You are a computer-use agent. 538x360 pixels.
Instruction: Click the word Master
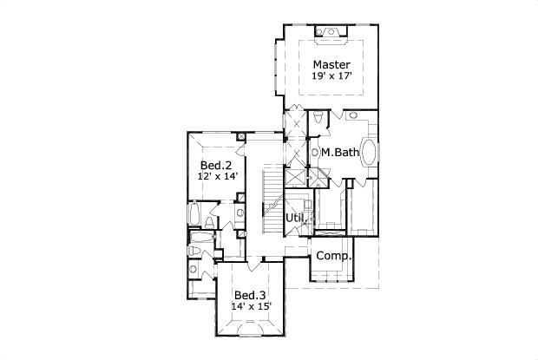click(331, 65)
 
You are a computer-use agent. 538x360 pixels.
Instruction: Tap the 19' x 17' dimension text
click(331, 77)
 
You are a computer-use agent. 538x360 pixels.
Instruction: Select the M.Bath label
click(339, 153)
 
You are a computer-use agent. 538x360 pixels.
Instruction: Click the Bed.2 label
click(216, 165)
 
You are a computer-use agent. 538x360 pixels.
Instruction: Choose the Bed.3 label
click(251, 294)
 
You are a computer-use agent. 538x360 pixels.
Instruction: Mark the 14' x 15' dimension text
click(253, 306)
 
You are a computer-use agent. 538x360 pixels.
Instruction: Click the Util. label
click(294, 217)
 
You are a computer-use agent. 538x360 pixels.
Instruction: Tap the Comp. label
click(333, 256)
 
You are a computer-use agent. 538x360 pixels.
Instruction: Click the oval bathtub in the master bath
click(371, 153)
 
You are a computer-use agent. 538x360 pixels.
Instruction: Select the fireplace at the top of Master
click(331, 33)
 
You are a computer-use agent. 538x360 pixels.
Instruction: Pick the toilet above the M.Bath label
click(318, 117)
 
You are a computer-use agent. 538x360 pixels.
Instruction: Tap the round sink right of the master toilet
click(353, 115)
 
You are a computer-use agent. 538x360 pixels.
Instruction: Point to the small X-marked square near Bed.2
click(240, 136)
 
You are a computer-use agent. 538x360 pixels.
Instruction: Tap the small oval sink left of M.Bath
click(314, 154)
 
